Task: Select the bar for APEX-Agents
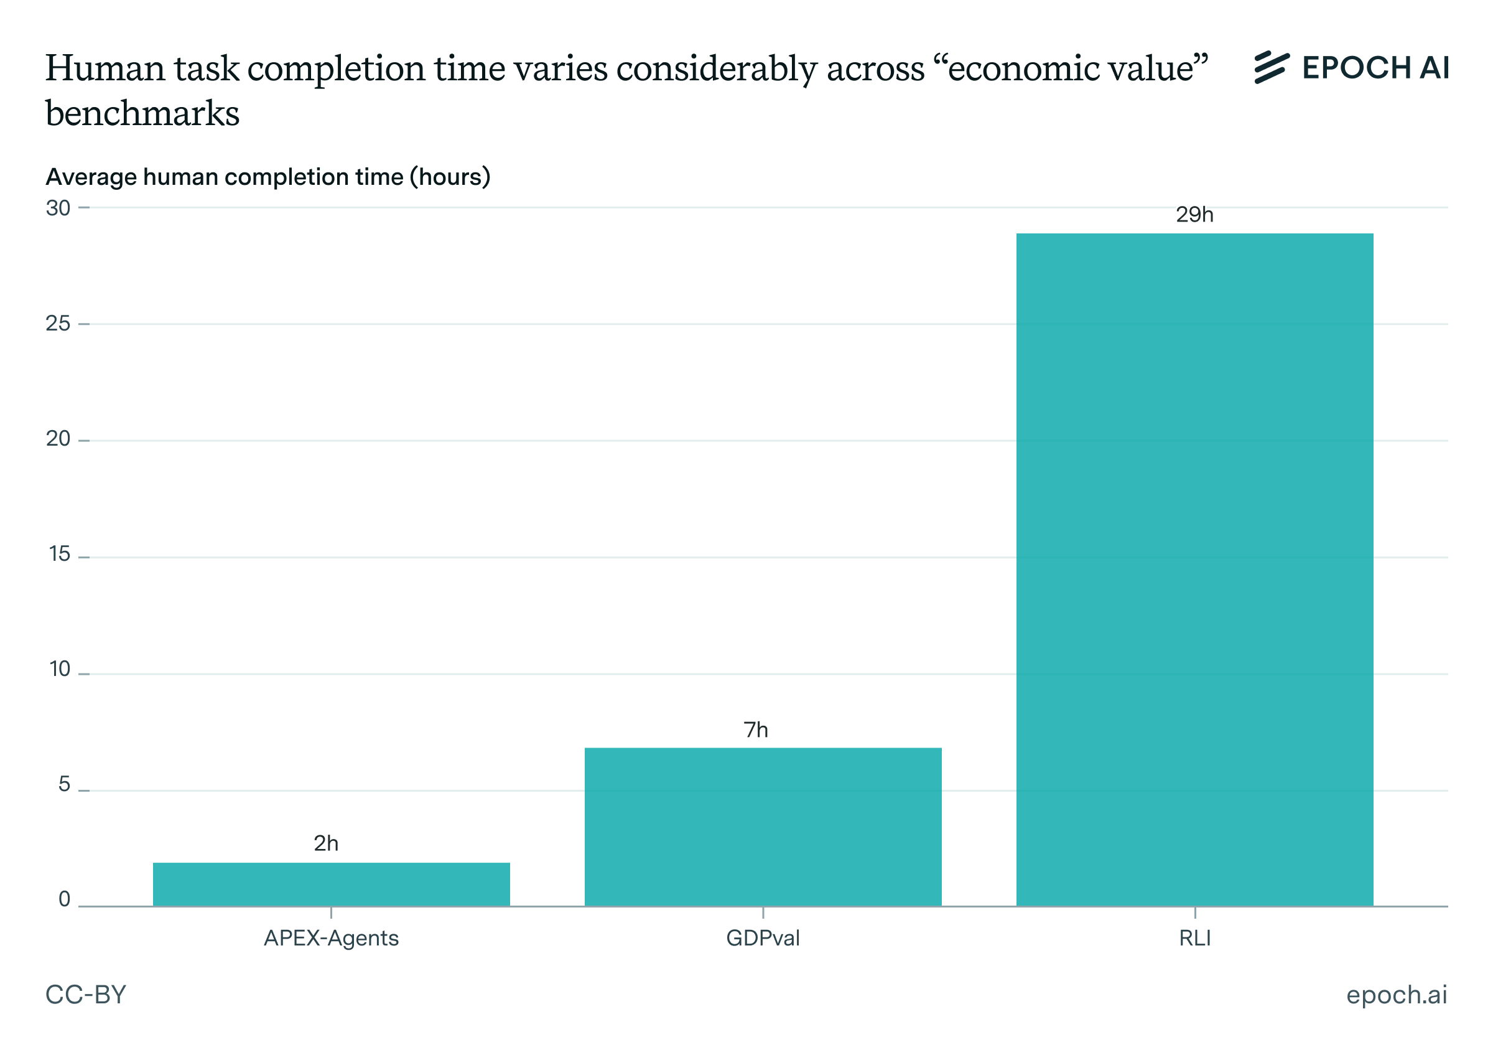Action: coord(331,884)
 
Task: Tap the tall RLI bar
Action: coord(1194,569)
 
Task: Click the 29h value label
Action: coord(1194,215)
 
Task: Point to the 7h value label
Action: coord(756,729)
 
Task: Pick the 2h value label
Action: coord(326,843)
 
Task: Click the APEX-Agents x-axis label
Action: coord(331,938)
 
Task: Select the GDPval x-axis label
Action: coord(763,938)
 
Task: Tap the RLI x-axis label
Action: coord(1194,938)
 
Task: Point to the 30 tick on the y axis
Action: coord(58,208)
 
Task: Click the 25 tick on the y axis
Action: coord(58,324)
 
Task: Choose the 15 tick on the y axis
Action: coord(60,554)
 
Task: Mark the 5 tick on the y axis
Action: coord(63,784)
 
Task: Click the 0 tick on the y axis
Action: coord(63,899)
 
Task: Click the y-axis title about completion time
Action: coord(268,177)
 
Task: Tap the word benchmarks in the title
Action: coord(142,114)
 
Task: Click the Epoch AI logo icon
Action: coord(1272,68)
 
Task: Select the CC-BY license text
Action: coord(86,995)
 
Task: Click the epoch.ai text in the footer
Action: coord(1396,995)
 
